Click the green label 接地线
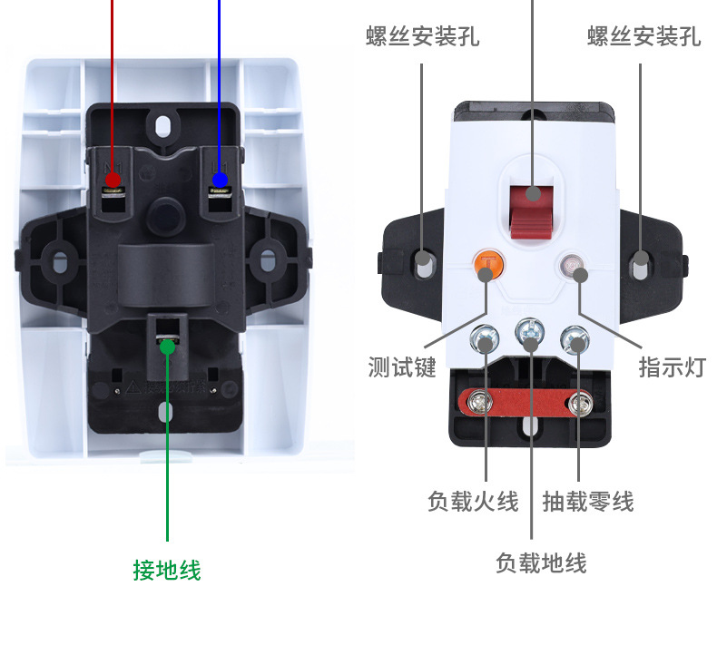[x=166, y=570]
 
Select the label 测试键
[x=402, y=367]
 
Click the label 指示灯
[x=672, y=367]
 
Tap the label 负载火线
[x=473, y=501]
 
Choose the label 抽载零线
[x=587, y=501]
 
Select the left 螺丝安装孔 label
[x=423, y=37]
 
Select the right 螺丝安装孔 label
[x=643, y=37]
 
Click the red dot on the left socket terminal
[x=113, y=180]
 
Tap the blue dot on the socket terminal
[x=220, y=180]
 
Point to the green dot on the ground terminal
[x=166, y=345]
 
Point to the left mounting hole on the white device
[x=423, y=265]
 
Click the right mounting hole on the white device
[x=641, y=265]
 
